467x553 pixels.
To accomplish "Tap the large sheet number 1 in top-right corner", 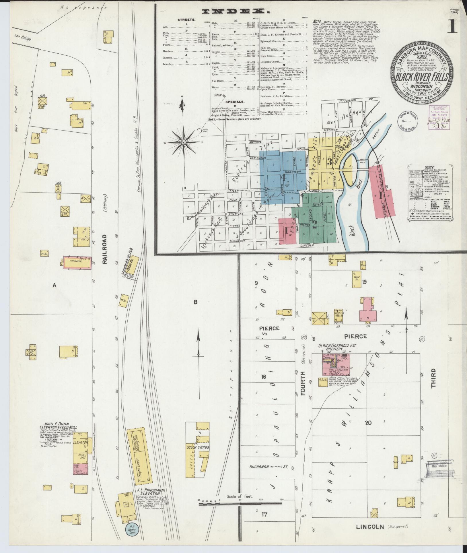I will pyautogui.click(x=454, y=28).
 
